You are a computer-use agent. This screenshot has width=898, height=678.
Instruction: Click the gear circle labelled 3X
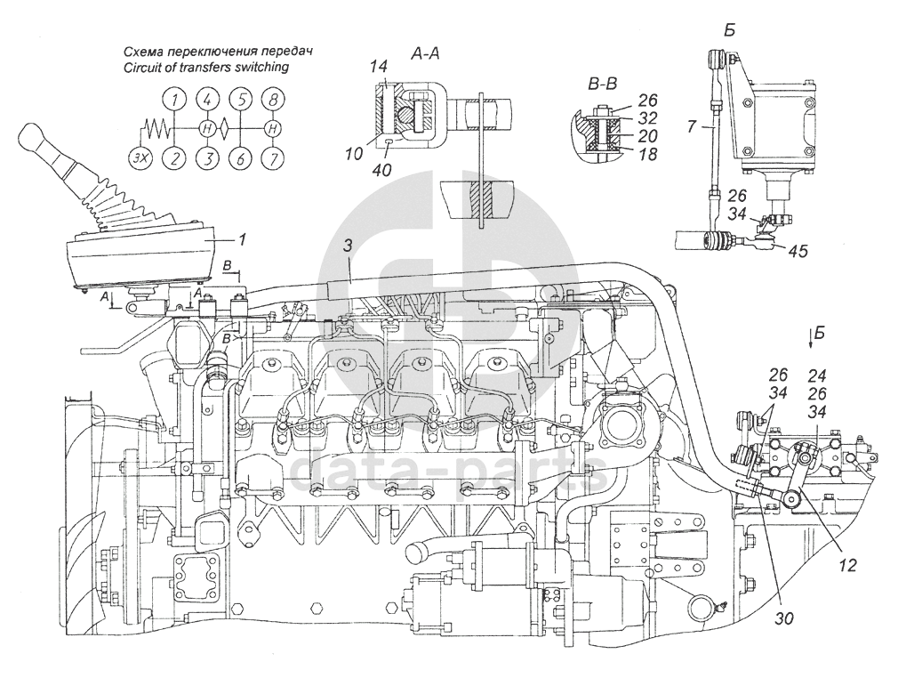pos(140,157)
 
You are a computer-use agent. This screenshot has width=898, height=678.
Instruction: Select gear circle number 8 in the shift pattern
pos(274,99)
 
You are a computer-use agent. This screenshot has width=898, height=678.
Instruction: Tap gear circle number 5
pos(241,99)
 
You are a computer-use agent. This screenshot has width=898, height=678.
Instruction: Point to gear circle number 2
pos(174,157)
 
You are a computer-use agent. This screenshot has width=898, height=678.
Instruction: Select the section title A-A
pos(426,54)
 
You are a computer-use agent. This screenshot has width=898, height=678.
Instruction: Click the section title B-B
pos(603,85)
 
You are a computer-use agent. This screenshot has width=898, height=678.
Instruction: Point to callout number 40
pos(382,170)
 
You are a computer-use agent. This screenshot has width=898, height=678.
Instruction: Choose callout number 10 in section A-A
pos(354,154)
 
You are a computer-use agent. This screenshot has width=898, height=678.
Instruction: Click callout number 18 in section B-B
pos(648,154)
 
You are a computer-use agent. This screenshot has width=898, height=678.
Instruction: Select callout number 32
pos(648,118)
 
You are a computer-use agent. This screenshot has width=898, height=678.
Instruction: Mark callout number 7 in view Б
pos(693,125)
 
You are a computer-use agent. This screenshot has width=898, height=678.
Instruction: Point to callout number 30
pos(784,619)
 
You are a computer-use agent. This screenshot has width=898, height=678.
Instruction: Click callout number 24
pos(817,375)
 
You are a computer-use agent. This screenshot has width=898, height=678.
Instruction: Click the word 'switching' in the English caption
pos(261,67)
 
